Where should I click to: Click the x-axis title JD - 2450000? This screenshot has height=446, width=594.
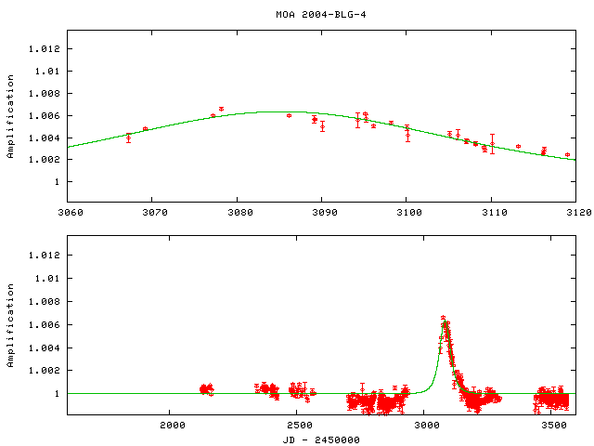320,439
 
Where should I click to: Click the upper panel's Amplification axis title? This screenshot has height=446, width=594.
10,124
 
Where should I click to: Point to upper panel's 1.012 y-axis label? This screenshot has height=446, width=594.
44,48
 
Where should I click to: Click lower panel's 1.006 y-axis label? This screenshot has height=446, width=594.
44,325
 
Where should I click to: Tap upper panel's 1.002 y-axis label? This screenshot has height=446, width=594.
44,160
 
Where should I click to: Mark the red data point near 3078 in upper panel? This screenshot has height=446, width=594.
221,109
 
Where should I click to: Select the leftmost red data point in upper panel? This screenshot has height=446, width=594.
128,138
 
